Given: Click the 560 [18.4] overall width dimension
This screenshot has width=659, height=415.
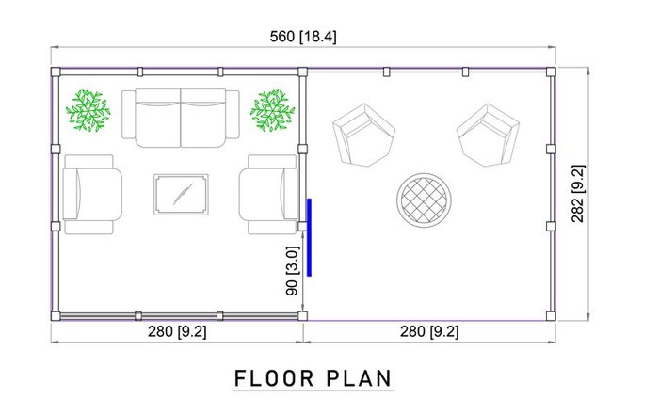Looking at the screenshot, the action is (x=303, y=37).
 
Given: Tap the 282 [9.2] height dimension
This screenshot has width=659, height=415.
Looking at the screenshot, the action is (x=578, y=193).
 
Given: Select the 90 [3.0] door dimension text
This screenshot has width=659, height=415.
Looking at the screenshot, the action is (x=292, y=270).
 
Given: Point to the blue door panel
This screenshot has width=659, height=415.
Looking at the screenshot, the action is (x=309, y=237).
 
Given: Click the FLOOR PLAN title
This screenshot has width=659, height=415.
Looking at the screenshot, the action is (x=313, y=378).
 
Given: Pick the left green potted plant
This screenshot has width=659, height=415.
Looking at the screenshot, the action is (x=88, y=110).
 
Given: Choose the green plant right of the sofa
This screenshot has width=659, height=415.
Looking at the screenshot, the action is (x=272, y=110).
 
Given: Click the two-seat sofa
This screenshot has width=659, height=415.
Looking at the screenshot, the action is (x=181, y=118).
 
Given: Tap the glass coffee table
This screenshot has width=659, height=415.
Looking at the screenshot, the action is (x=181, y=195).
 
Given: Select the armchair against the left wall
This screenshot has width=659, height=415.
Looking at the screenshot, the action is (x=92, y=195).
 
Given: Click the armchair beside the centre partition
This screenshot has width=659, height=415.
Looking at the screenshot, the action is (x=269, y=195).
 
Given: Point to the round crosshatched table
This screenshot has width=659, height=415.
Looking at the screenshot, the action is (x=424, y=200).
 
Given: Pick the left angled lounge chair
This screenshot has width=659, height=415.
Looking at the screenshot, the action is (x=364, y=136).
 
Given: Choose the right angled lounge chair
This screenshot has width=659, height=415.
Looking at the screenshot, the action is (x=488, y=136).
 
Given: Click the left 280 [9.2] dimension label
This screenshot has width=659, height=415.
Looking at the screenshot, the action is (x=177, y=332).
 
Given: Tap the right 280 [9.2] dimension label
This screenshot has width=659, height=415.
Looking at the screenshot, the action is (x=429, y=332).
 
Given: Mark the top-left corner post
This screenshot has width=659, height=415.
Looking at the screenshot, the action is (x=56, y=72).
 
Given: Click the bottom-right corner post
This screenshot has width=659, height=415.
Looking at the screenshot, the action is (x=551, y=316).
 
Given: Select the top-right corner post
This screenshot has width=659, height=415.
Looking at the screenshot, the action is (x=551, y=72).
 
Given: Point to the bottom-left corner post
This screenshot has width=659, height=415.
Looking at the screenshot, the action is (x=56, y=316).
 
